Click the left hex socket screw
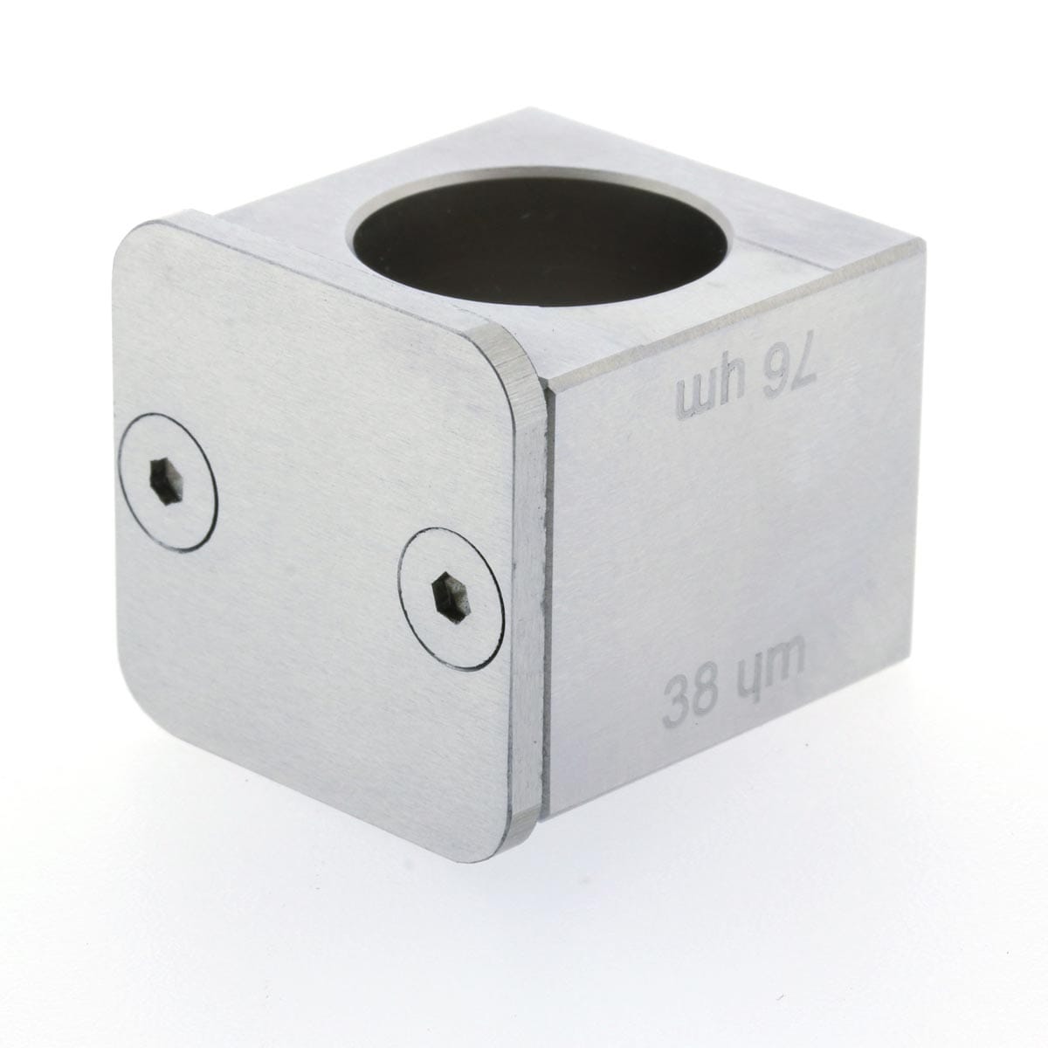pyautogui.click(x=167, y=482)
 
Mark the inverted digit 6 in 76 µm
pyautogui.click(x=776, y=387)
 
